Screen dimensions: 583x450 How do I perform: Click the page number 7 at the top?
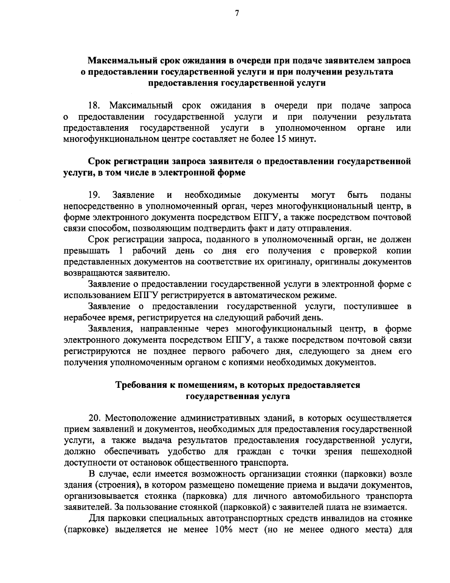tap(237, 14)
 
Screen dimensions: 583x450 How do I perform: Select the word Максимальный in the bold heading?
tap(120, 60)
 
